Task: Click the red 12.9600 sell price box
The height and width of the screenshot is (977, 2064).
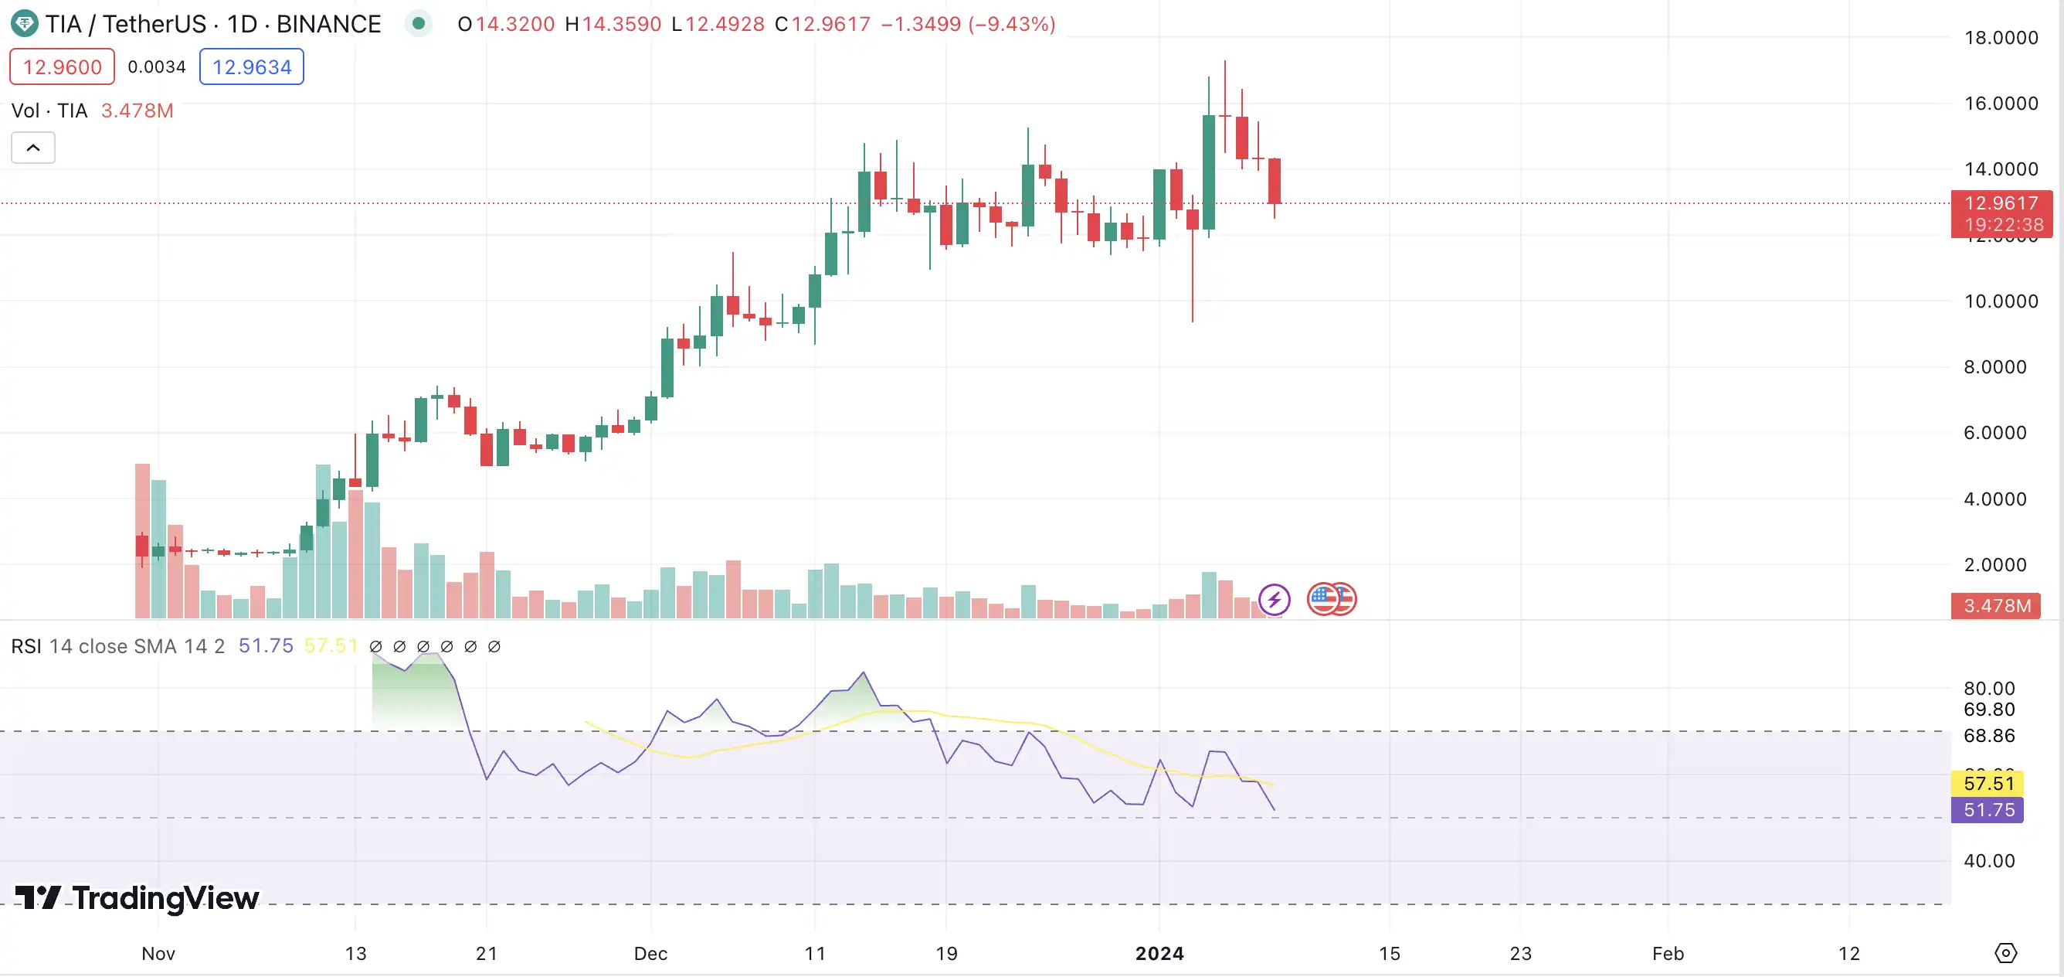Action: click(62, 66)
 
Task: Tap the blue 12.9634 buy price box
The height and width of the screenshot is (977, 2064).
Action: click(252, 66)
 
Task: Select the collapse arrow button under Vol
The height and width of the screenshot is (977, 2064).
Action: click(33, 148)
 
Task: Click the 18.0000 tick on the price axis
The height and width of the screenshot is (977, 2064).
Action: click(2001, 38)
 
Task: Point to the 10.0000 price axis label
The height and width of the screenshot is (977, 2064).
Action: click(2001, 301)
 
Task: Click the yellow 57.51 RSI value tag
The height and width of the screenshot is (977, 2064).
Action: click(1988, 783)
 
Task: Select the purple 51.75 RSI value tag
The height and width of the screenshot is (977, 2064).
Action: click(1988, 810)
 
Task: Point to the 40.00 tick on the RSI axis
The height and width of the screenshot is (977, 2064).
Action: click(1988, 861)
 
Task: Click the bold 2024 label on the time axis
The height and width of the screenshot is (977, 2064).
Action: click(1159, 954)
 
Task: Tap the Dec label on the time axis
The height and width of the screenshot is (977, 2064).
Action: click(650, 954)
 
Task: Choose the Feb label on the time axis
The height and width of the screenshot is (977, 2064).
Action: click(1669, 954)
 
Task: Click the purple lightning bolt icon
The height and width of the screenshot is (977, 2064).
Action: click(1274, 599)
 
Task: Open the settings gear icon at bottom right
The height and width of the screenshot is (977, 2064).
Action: click(2005, 953)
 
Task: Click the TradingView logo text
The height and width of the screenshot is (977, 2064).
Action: click(137, 898)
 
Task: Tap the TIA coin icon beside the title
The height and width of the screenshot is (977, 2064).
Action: click(24, 24)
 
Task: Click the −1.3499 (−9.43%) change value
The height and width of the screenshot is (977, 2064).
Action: click(968, 24)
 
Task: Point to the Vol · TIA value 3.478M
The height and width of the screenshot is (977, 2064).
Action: click(137, 111)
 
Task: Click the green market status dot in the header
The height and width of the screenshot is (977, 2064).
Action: click(418, 24)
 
